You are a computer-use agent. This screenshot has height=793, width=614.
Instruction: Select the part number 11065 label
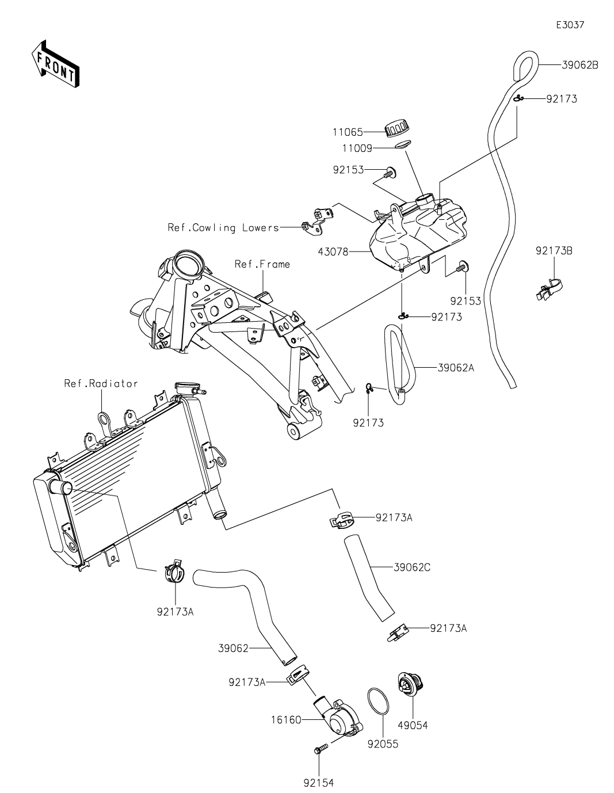point(347,132)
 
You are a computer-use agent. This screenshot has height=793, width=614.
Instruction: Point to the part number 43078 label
point(333,251)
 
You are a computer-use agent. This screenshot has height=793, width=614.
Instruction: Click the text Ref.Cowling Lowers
point(223,228)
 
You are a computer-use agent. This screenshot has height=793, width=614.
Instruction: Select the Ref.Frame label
point(262,264)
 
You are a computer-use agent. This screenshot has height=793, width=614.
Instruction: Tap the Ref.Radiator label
point(101,383)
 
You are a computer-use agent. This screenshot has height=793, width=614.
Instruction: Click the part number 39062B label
point(580,65)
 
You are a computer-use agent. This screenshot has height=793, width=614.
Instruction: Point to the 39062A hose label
point(456,367)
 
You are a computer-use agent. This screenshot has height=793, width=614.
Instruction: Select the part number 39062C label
point(413,567)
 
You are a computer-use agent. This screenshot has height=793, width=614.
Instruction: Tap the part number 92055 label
point(383,744)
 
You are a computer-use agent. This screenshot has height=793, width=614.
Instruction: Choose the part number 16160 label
point(285,720)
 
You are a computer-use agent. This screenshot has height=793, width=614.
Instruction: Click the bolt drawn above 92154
point(319,749)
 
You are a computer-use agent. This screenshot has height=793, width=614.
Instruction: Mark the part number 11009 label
point(356,148)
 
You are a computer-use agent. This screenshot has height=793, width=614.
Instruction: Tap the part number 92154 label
point(318,783)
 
